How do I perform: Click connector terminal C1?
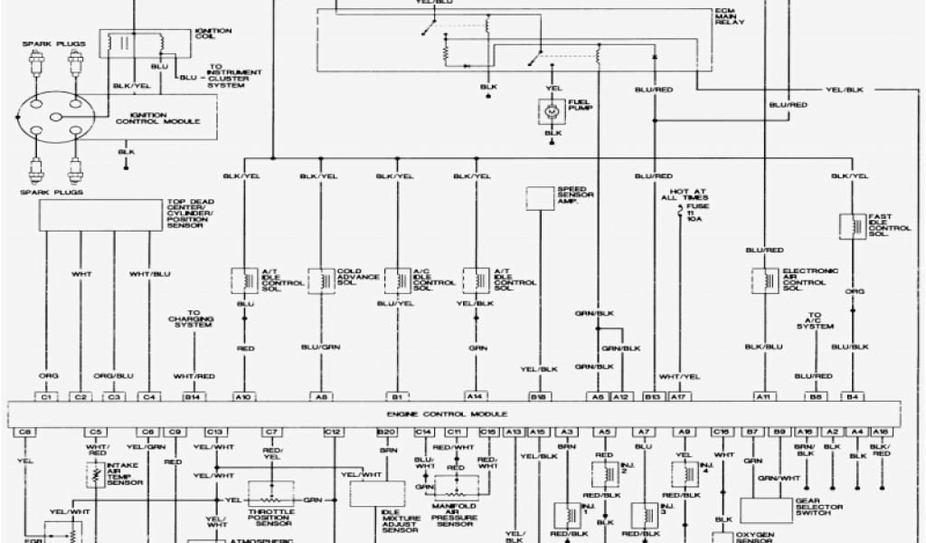pyautogui.click(x=48, y=396)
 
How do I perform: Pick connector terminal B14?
pyautogui.click(x=192, y=396)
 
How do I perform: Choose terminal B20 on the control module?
pyautogui.click(x=387, y=433)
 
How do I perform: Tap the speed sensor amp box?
pyautogui.click(x=541, y=199)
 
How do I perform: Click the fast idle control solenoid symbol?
pyautogui.click(x=851, y=226)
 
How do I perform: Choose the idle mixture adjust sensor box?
pyautogui.click(x=378, y=493)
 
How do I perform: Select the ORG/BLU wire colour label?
pyautogui.click(x=114, y=375)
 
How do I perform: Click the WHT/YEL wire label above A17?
pyautogui.click(x=678, y=375)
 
